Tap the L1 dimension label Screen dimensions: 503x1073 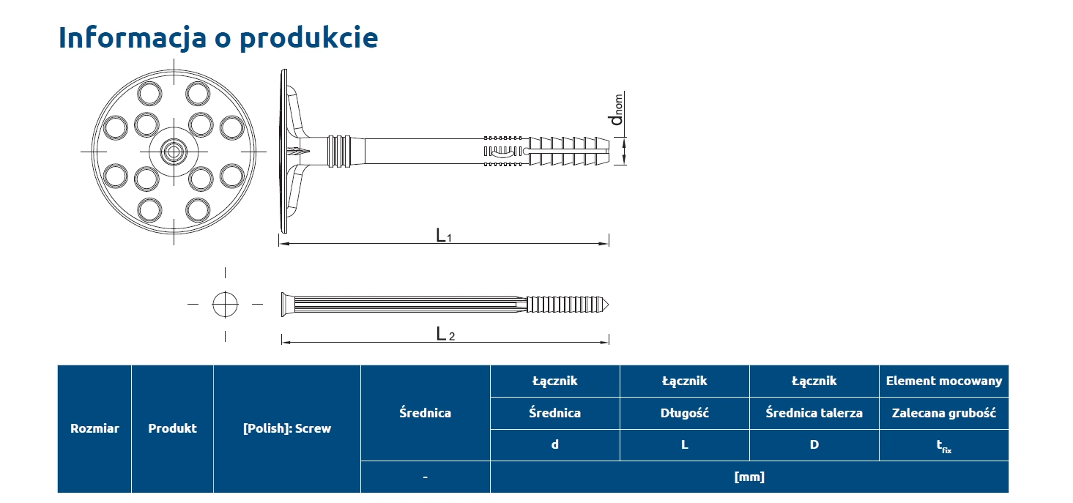(x=443, y=236)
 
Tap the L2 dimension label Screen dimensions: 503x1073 (x=445, y=335)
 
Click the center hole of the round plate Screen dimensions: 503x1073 (x=174, y=152)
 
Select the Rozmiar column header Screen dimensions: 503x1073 (x=94, y=428)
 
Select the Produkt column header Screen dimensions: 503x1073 (x=172, y=428)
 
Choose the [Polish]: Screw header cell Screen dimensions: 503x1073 (x=286, y=428)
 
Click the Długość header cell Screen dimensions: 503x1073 (x=684, y=413)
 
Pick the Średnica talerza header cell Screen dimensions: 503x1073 (x=814, y=413)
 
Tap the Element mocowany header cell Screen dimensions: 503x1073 (x=943, y=381)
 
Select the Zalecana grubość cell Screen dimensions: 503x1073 (x=943, y=413)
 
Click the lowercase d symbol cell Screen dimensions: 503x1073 (x=554, y=444)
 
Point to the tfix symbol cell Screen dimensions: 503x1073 (x=943, y=445)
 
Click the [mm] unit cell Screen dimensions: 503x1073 (x=749, y=477)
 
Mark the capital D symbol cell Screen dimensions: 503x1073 (x=814, y=444)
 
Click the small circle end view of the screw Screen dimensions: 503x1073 (x=226, y=303)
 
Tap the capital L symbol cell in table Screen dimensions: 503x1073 (x=684, y=444)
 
